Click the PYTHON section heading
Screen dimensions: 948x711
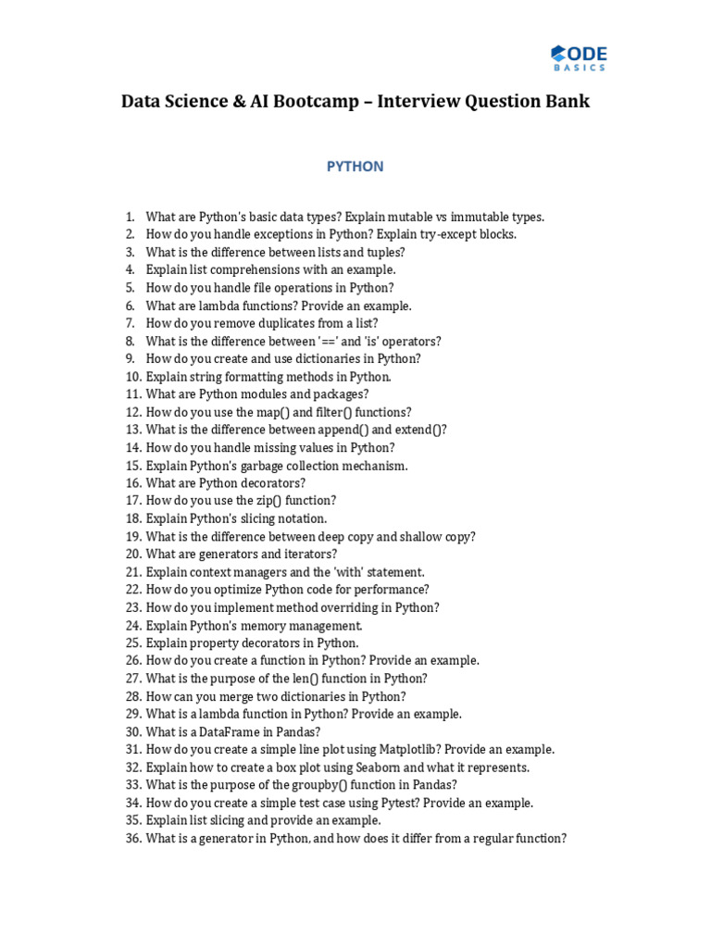(355, 167)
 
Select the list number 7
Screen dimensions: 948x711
(131, 323)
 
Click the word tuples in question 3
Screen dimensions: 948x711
(385, 252)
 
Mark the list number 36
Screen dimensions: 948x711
(132, 839)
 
